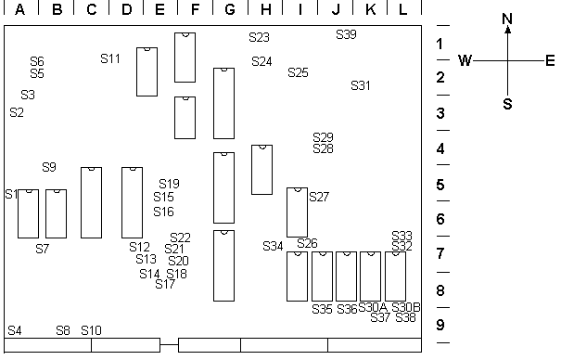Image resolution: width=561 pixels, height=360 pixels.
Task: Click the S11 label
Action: click(110, 58)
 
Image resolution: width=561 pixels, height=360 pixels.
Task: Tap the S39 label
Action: click(346, 34)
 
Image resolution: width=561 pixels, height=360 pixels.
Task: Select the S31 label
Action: click(361, 86)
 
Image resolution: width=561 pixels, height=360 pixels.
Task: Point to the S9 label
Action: click(49, 167)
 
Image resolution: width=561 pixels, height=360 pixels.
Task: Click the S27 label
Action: click(319, 197)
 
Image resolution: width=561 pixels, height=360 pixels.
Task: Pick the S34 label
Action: click(273, 246)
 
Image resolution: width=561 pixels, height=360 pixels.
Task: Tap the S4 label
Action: click(15, 330)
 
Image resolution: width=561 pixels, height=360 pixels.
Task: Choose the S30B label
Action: click(406, 307)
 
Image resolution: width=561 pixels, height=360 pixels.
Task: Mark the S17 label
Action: click(165, 284)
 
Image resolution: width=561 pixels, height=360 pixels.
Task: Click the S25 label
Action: click(298, 73)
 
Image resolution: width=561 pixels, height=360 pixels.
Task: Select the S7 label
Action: click(43, 249)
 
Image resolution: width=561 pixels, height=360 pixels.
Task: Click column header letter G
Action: click(230, 9)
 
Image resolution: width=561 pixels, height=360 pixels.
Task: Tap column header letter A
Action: click(20, 9)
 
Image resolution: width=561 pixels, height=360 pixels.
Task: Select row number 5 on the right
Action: click(440, 185)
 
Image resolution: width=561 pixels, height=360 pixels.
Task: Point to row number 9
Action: click(440, 325)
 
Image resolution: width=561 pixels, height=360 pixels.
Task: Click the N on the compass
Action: click(507, 19)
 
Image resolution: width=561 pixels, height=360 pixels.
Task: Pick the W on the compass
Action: click(465, 60)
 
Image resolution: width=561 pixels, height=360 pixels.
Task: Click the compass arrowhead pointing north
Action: click(508, 30)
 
